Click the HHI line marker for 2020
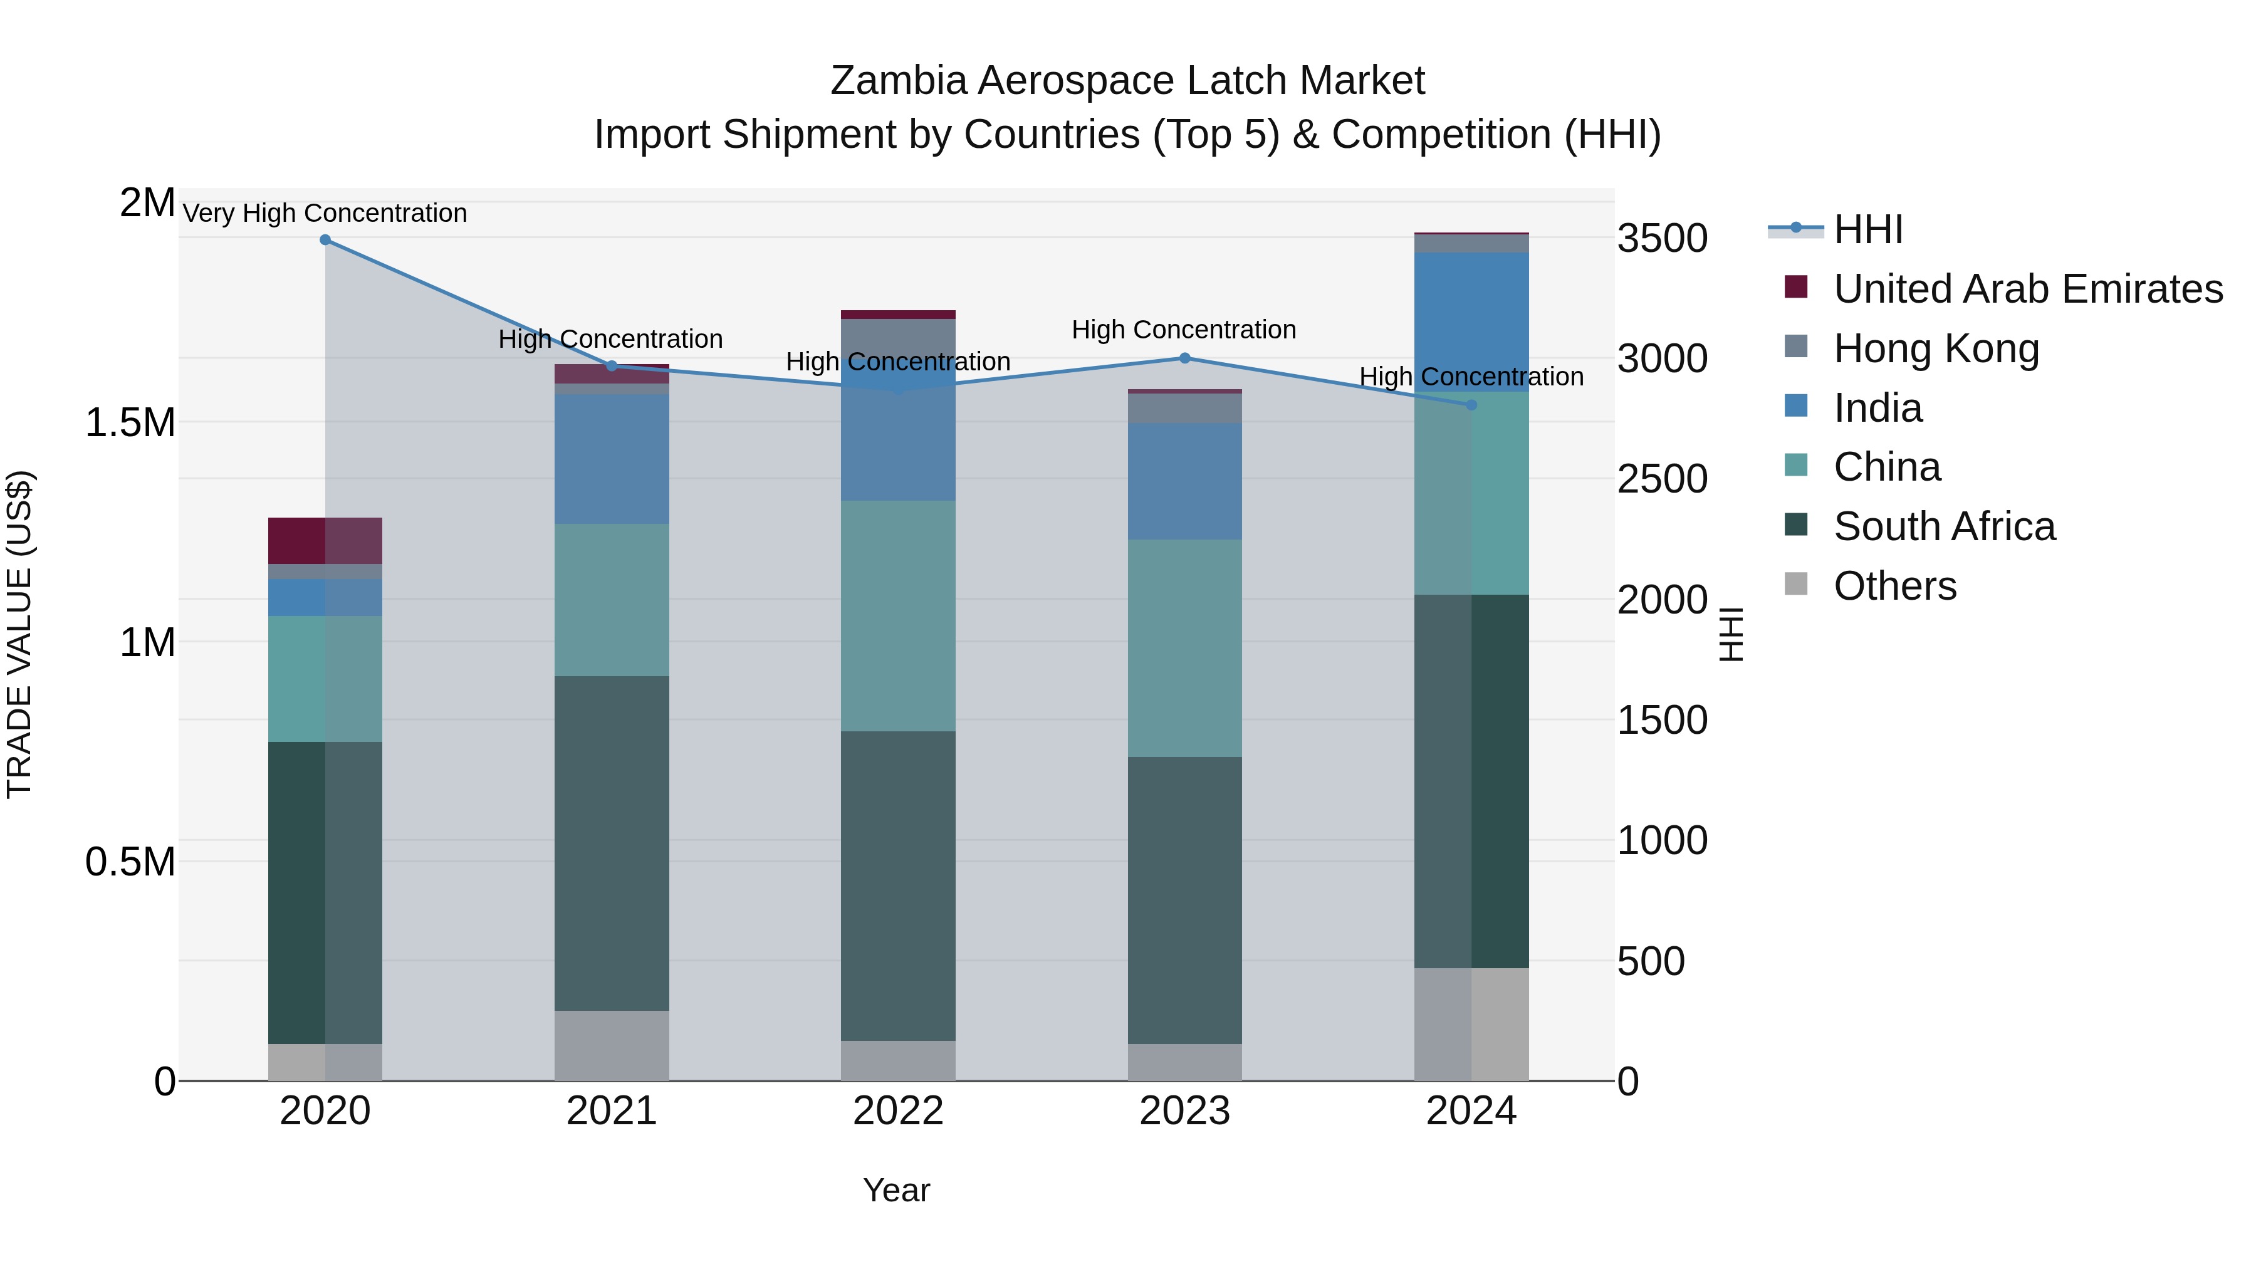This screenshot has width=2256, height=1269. click(325, 240)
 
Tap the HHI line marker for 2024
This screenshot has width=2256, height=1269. click(1471, 405)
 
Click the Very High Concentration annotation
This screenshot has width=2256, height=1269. click(325, 213)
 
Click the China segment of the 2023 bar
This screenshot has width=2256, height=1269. click(1184, 648)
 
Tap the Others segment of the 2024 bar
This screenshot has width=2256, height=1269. click(1471, 1024)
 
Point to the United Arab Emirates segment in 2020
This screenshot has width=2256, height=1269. click(325, 540)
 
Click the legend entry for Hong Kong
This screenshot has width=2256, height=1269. click(1936, 348)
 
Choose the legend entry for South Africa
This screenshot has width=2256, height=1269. click(1943, 526)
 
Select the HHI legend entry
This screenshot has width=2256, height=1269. click(1867, 229)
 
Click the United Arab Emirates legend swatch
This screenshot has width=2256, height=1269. click(1795, 287)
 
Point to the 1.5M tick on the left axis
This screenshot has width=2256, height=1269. click(130, 422)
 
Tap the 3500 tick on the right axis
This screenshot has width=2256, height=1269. click(1661, 238)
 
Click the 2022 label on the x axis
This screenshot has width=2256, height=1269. click(897, 1111)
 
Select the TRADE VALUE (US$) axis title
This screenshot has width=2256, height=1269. click(19, 634)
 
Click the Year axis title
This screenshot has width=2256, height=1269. click(896, 1190)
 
